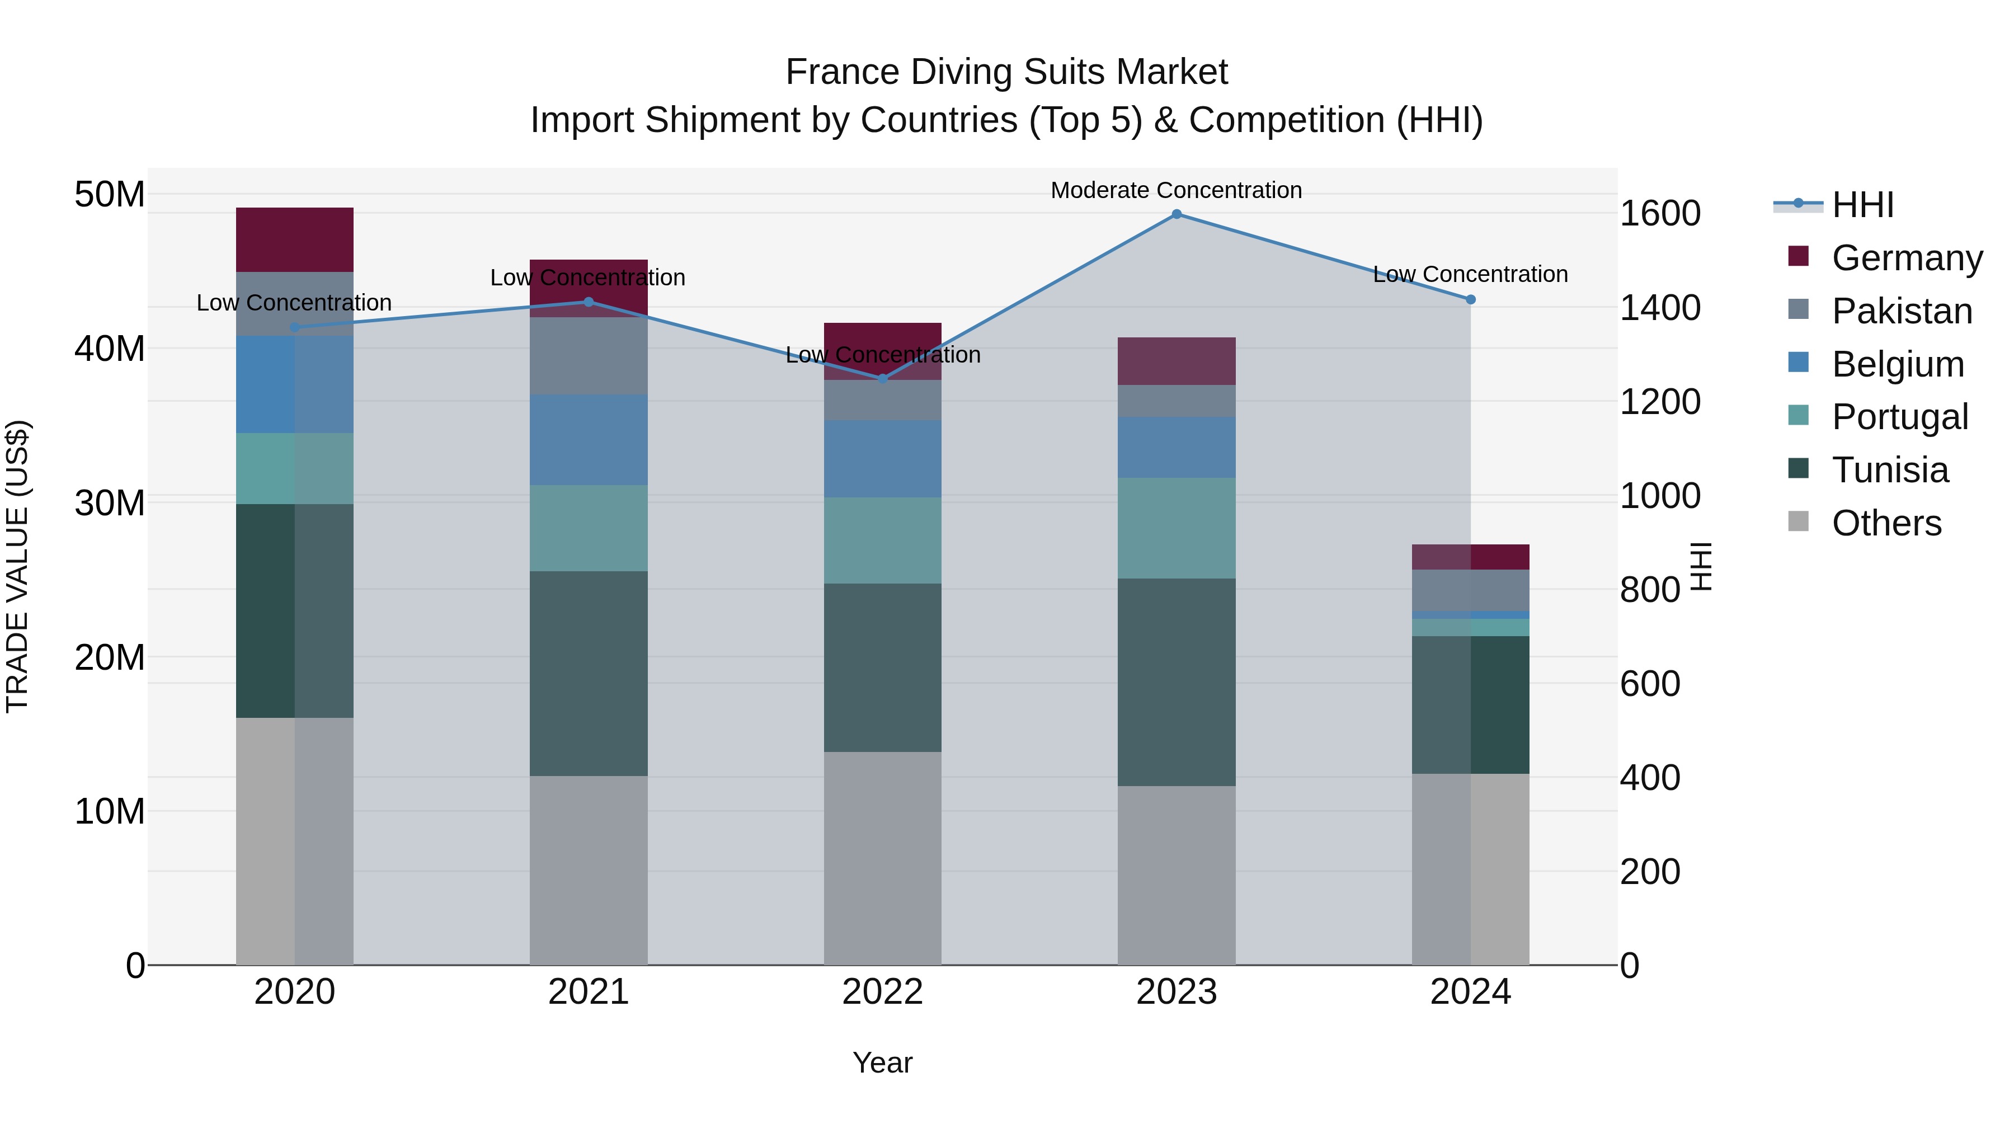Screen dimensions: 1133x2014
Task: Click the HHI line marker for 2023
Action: (1176, 214)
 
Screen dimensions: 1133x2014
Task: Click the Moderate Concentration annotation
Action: (1176, 191)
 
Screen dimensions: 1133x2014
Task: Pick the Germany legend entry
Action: (1906, 258)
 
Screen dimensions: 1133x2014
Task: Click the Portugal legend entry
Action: (1899, 417)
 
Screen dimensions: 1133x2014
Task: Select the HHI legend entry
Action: (1862, 205)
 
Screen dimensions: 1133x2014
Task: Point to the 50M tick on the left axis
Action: (110, 194)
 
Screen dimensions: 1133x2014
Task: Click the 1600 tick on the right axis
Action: (1659, 214)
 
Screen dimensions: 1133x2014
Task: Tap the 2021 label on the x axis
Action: (589, 992)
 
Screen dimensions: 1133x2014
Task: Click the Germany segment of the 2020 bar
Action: (295, 240)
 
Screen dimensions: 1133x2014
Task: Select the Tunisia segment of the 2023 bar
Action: (1176, 682)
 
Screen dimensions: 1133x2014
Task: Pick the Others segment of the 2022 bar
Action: (883, 858)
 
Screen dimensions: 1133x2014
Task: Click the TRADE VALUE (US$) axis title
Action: (17, 566)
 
